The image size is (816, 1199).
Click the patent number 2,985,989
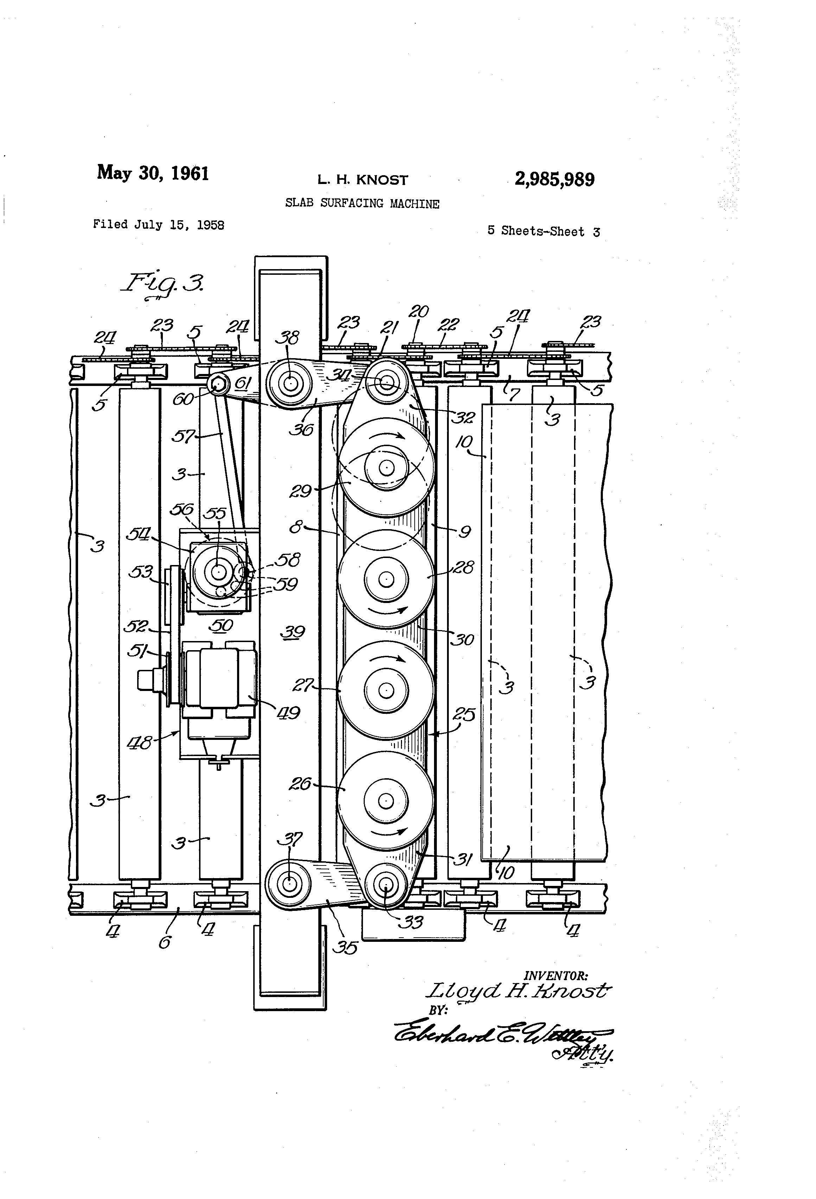[x=554, y=179]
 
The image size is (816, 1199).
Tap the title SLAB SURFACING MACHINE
[x=362, y=203]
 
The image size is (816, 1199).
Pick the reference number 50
[x=222, y=625]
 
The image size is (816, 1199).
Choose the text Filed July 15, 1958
[x=158, y=225]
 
